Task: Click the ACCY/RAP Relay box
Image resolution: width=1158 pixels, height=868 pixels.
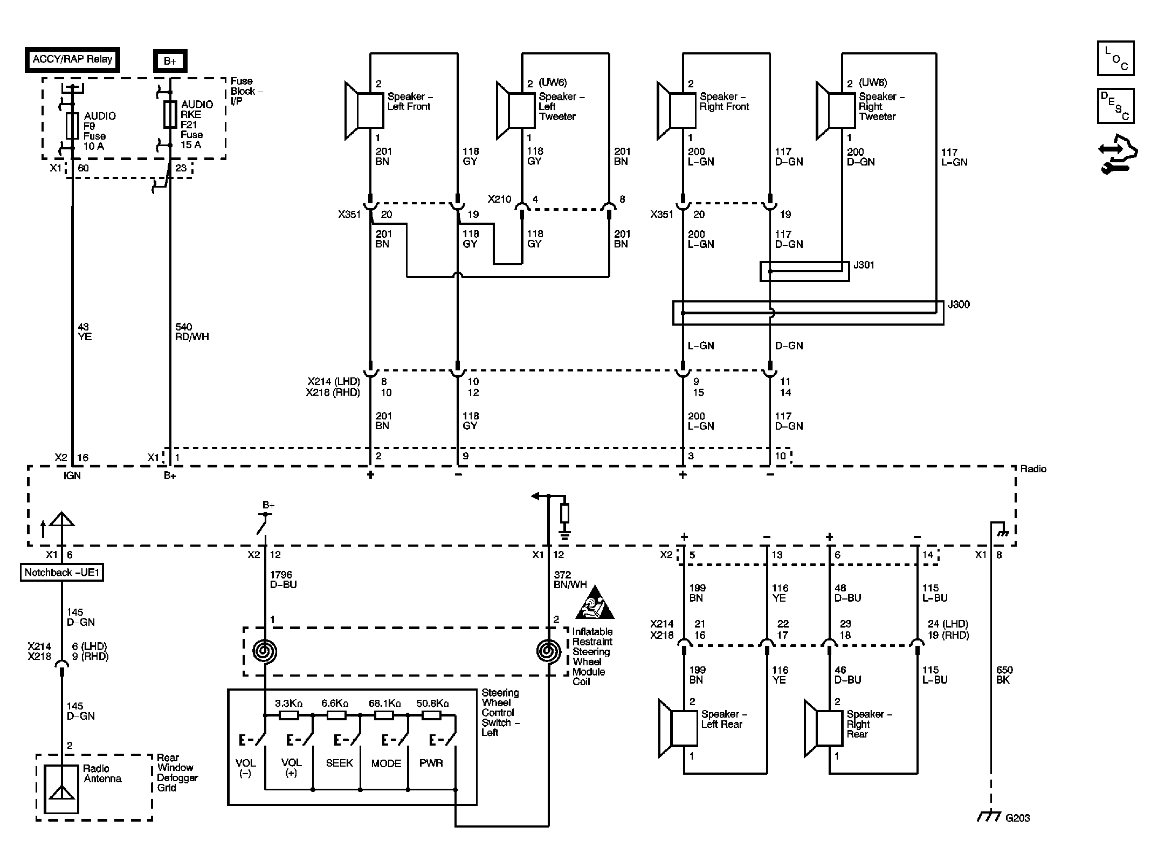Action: tap(72, 59)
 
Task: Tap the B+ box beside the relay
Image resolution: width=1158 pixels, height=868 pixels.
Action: tap(170, 61)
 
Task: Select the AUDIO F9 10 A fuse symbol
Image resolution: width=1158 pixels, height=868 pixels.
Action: tap(72, 126)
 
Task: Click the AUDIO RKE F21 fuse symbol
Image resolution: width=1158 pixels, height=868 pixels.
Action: tap(170, 114)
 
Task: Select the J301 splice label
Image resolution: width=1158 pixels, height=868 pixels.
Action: tap(864, 265)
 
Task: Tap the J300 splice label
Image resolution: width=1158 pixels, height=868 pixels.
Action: tap(959, 304)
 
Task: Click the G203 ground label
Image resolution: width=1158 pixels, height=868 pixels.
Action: tap(1017, 818)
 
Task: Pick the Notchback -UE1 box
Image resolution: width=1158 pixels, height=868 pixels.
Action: tap(61, 572)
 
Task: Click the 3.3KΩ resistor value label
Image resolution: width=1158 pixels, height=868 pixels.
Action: tap(288, 704)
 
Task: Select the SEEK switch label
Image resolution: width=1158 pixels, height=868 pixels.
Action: tap(339, 763)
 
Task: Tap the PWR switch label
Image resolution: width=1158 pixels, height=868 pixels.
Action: tap(431, 763)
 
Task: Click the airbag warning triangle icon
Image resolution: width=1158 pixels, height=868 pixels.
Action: tap(595, 603)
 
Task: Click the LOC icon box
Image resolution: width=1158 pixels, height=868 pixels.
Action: tap(1115, 58)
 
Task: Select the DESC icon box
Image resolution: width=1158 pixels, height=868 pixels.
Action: tap(1115, 106)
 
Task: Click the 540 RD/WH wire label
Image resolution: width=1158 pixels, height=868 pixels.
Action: tap(192, 332)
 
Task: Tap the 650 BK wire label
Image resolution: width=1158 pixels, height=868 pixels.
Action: tap(1004, 675)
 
